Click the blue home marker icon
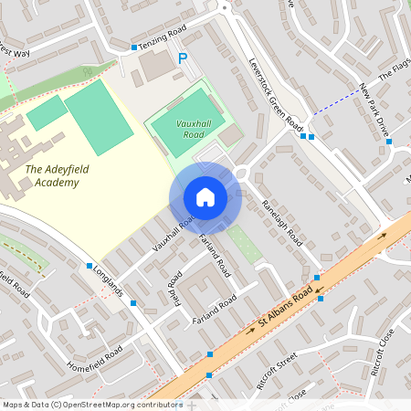(205, 197)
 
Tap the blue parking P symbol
(183, 58)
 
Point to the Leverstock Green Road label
(276, 96)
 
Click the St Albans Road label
(285, 315)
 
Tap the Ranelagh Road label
(281, 223)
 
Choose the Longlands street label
(108, 282)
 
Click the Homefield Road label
(95, 361)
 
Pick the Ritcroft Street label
(279, 370)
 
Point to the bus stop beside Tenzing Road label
(134, 47)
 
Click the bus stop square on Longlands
(90, 266)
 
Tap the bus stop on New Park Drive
(389, 142)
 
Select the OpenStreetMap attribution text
(91, 405)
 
